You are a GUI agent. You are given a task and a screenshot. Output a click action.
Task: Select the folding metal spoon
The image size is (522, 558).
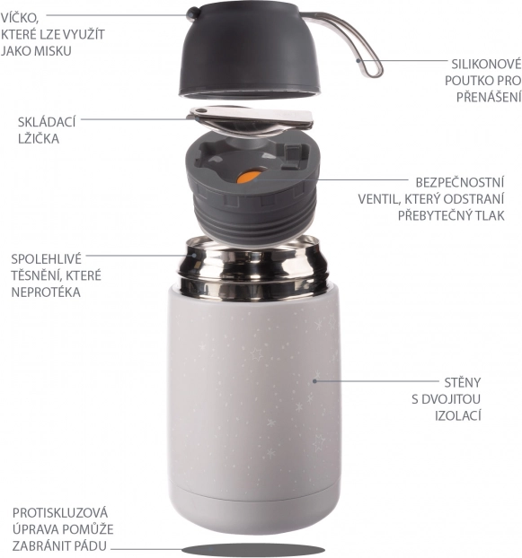(x=252, y=121)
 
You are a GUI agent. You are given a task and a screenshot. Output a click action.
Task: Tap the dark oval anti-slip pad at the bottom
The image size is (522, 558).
(x=253, y=549)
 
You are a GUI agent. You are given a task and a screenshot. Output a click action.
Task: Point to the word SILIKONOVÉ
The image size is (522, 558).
(x=486, y=65)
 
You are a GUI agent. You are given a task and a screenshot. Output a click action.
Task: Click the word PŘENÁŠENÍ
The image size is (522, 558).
(x=489, y=97)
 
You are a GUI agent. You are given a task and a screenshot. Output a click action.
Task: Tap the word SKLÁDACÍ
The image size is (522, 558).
(x=47, y=122)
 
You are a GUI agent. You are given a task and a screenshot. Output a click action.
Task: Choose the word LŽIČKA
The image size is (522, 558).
(x=39, y=138)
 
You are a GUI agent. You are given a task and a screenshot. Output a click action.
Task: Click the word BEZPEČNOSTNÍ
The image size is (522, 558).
(x=460, y=182)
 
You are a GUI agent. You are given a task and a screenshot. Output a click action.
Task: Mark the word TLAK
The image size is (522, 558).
(x=491, y=215)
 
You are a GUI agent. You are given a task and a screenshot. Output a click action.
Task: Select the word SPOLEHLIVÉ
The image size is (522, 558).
(x=47, y=259)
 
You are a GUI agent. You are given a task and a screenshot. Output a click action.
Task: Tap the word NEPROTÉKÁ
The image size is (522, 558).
(x=46, y=292)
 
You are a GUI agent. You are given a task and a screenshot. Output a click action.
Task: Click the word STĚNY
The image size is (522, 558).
(x=463, y=382)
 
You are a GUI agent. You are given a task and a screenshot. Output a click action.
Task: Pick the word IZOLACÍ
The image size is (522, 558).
(x=458, y=415)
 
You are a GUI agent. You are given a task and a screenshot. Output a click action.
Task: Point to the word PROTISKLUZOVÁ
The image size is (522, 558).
(x=60, y=513)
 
